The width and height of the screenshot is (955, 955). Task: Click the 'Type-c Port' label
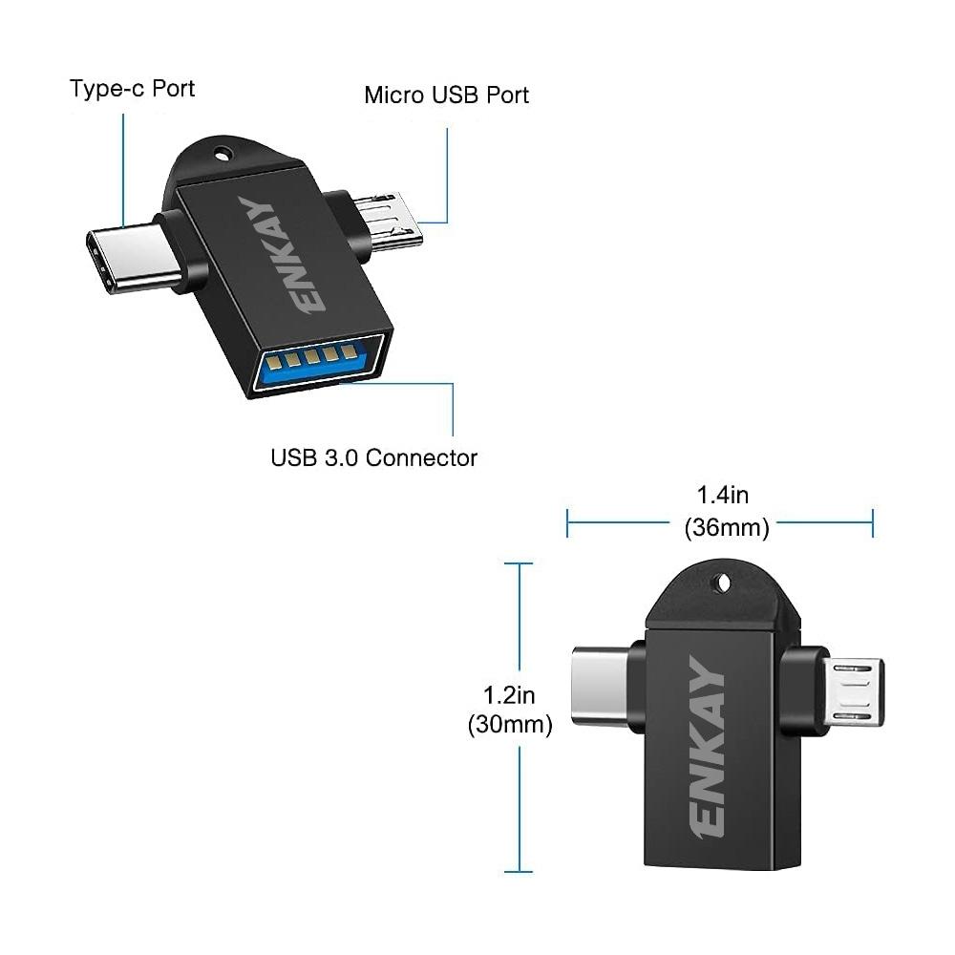[x=132, y=89]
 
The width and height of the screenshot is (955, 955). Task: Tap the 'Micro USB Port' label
[x=446, y=95]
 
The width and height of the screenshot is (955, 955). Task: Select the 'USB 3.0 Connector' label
[x=373, y=457]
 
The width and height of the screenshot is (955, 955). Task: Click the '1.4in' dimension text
[x=723, y=495]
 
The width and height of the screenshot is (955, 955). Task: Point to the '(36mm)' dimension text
[x=726, y=527]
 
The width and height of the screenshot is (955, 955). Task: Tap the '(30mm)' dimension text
[x=510, y=725]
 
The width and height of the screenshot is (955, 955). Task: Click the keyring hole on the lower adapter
[x=723, y=581]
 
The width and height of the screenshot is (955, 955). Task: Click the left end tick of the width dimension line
[x=567, y=522]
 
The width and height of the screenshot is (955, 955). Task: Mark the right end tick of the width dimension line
[x=872, y=522]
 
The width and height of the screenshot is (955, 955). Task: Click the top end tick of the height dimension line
[x=519, y=564]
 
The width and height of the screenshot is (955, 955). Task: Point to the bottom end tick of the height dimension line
[x=519, y=871]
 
